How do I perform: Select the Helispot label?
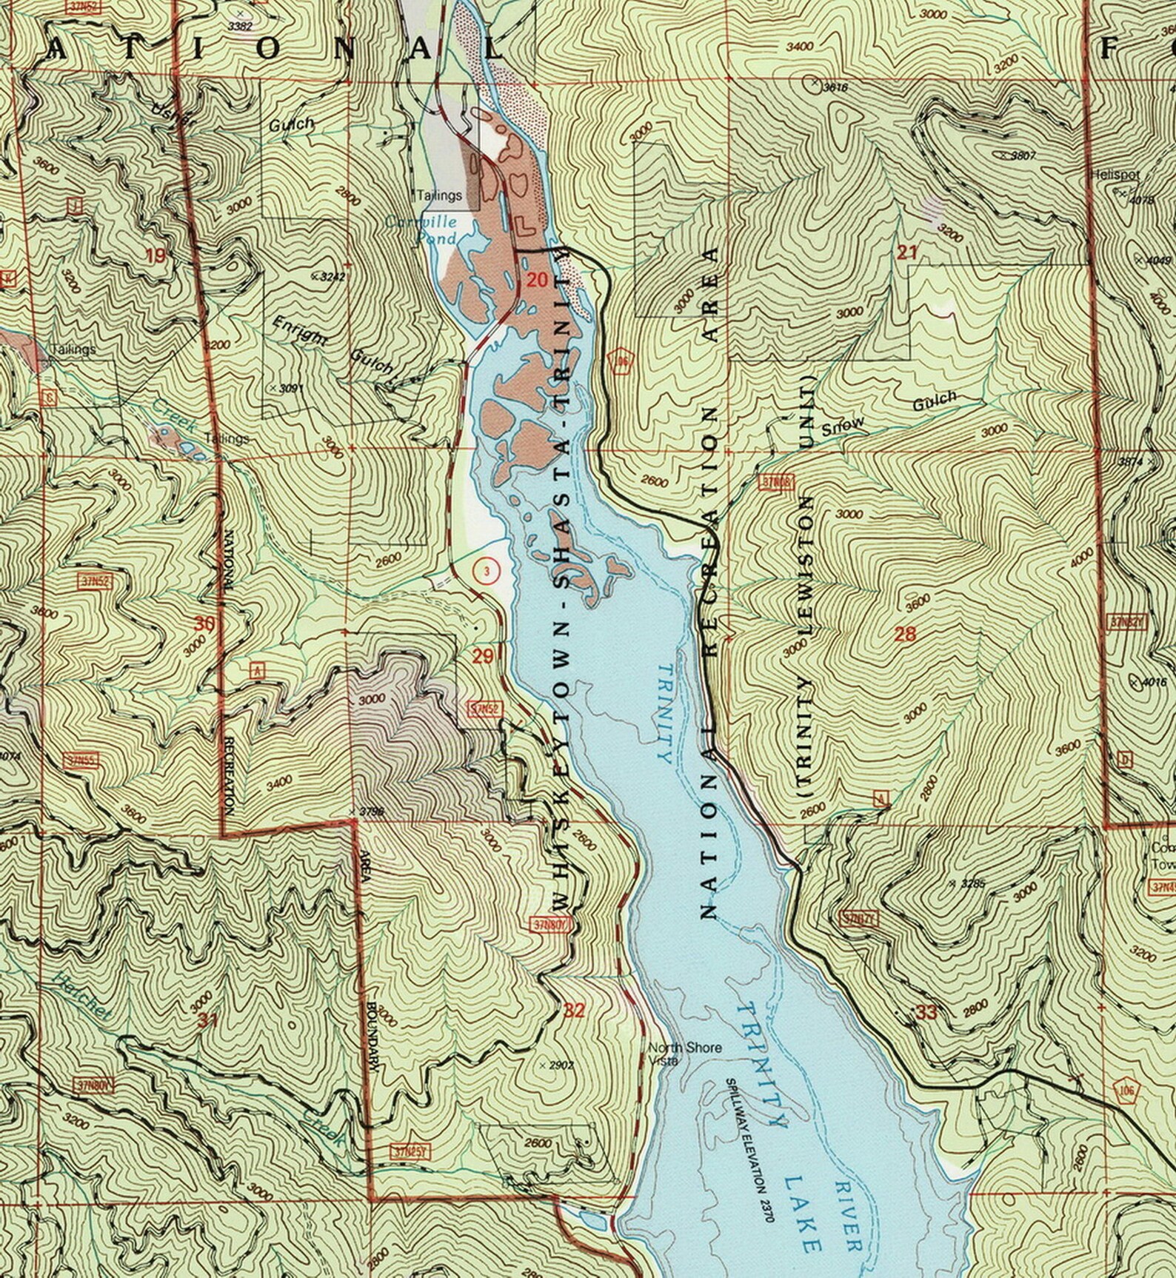click(x=1115, y=175)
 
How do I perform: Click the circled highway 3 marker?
click(x=486, y=570)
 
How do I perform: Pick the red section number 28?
click(x=905, y=633)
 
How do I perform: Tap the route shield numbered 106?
click(x=1125, y=1089)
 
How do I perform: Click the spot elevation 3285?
click(x=973, y=883)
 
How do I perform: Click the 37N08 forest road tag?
click(x=776, y=484)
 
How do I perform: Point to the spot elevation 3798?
click(x=370, y=812)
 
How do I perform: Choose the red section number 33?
click(x=926, y=1013)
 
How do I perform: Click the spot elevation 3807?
click(x=1017, y=155)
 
